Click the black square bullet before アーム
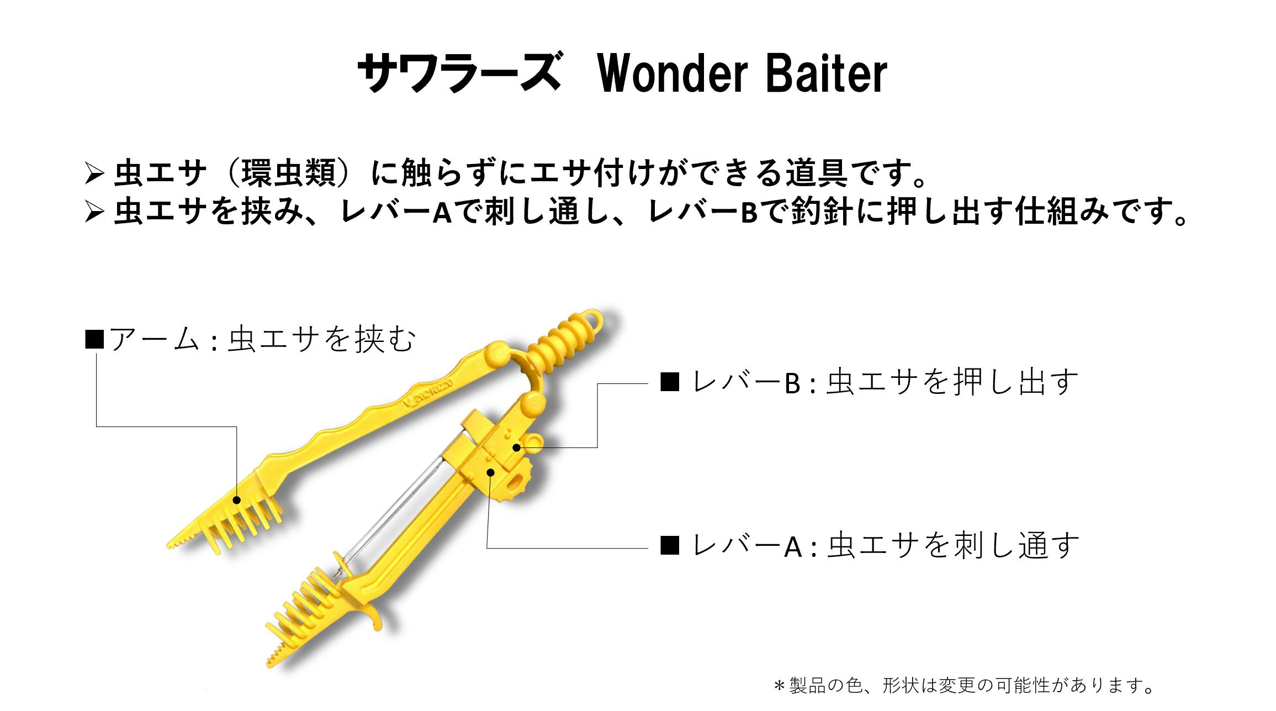point(94,339)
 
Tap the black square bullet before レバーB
point(670,382)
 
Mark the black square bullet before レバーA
point(670,546)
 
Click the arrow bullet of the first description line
point(94,175)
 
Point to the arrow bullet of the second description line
point(94,213)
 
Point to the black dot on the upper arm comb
point(237,501)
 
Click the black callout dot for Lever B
point(516,447)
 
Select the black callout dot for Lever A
point(490,472)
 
